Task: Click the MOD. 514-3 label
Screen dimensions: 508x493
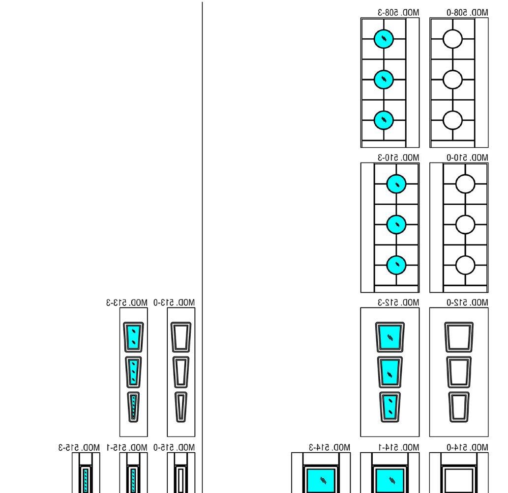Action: [x=329, y=447]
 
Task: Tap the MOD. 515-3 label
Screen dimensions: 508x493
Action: [x=79, y=447]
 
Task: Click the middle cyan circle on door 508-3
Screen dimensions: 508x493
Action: [x=384, y=79]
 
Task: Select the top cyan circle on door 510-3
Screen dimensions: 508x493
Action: [x=396, y=184]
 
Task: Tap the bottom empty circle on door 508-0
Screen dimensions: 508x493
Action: [x=452, y=119]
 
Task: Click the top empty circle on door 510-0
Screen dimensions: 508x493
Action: [x=465, y=184]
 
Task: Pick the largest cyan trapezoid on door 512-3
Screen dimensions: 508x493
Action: [x=390, y=337]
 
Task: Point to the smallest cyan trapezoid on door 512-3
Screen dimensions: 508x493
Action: [x=390, y=406]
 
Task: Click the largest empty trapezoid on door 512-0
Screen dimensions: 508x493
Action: [x=459, y=337]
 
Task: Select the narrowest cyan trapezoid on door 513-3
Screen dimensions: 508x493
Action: [x=133, y=406]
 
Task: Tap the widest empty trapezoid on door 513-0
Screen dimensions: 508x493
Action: [x=180, y=337]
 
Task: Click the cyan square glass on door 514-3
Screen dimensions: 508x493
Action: [x=322, y=480]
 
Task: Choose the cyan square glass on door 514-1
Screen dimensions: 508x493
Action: [x=390, y=480]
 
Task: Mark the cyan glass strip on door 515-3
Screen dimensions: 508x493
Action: [x=86, y=480]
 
